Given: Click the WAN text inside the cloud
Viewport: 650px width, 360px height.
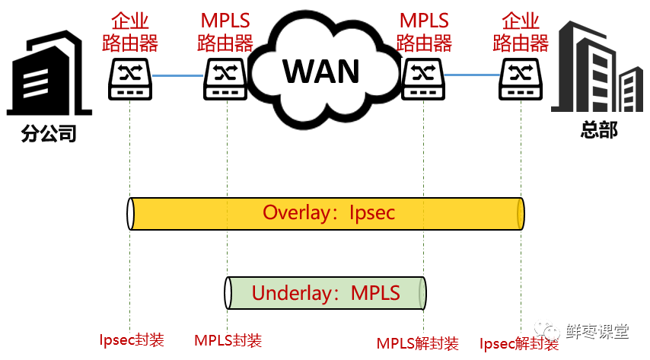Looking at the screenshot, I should [x=321, y=71].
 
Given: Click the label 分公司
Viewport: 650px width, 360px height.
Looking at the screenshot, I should [x=49, y=134].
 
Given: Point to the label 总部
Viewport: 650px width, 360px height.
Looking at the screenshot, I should [x=599, y=130].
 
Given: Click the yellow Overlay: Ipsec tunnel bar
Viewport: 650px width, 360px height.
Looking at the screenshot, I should [x=327, y=213].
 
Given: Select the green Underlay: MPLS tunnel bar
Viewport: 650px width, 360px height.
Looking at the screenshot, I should [x=326, y=293].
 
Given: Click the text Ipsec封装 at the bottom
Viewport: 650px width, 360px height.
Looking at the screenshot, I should [x=132, y=339].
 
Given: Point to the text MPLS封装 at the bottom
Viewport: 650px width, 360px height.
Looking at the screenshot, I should [x=228, y=340].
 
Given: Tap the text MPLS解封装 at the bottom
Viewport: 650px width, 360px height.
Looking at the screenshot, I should [x=418, y=343].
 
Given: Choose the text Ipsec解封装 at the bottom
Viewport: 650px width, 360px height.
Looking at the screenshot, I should [x=520, y=343].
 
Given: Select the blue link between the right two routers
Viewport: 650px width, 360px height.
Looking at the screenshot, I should [x=472, y=75].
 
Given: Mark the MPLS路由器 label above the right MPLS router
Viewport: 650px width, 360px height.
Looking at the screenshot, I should [x=424, y=31].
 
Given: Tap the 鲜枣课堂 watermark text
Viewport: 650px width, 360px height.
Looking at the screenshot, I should [x=597, y=331].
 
